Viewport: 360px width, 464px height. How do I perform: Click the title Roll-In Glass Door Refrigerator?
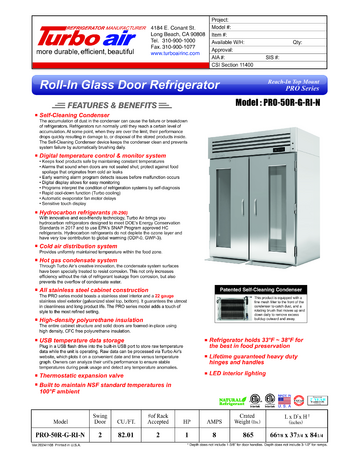[110, 87]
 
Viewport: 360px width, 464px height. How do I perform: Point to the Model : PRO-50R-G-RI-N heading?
[292, 102]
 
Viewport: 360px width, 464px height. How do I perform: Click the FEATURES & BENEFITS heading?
[79, 102]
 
